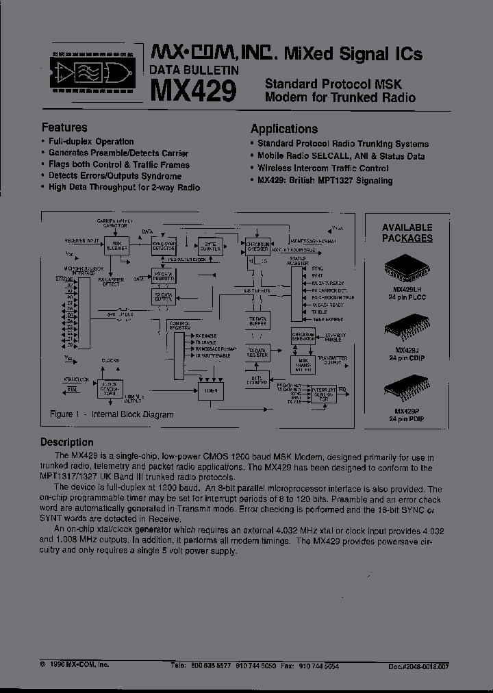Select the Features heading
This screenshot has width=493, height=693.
tap(64, 127)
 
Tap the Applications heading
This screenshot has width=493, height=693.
tap(284, 129)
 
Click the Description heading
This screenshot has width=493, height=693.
tap(67, 442)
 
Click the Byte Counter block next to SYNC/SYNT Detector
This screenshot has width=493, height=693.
tap(210, 247)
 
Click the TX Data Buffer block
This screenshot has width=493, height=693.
tap(258, 320)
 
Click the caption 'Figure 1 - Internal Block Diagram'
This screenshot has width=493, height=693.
tap(112, 414)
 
